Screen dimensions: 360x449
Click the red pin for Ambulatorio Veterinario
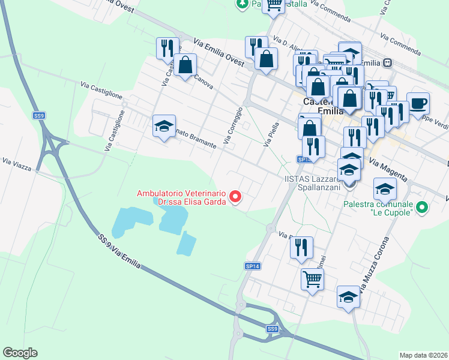pyautogui.click(x=236, y=196)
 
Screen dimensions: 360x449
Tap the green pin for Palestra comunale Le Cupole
pyautogui.click(x=423, y=208)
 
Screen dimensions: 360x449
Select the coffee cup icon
pyautogui.click(x=418, y=103)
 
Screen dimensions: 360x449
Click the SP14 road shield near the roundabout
pyautogui.click(x=253, y=266)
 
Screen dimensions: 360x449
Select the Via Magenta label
pyautogui.click(x=388, y=170)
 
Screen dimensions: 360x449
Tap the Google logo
pyautogui.click(x=20, y=353)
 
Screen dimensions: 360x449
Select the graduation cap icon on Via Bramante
pyautogui.click(x=164, y=127)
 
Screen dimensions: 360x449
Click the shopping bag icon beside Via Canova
pyautogui.click(x=186, y=65)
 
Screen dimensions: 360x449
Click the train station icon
pyautogui.click(x=388, y=62)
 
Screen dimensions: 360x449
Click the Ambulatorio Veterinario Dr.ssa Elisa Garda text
pyautogui.click(x=181, y=197)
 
